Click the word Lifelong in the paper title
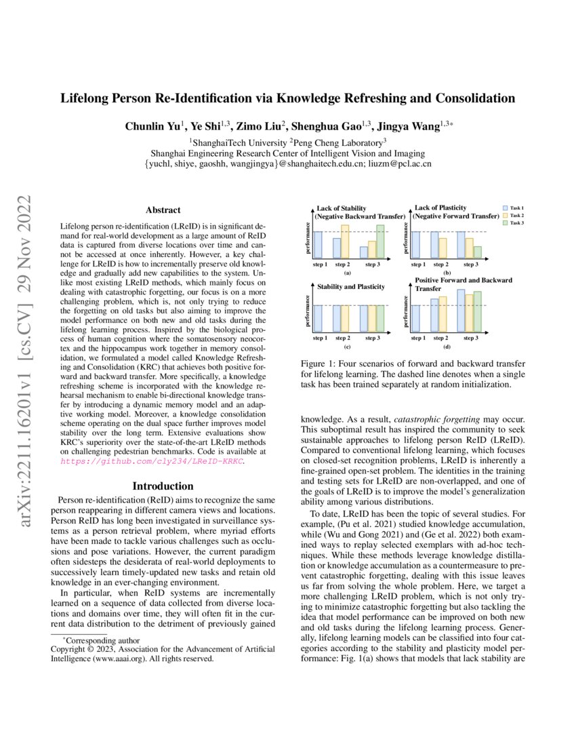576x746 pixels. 85,99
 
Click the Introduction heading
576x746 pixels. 163,486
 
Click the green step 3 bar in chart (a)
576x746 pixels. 380,241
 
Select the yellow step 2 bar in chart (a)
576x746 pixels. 345,241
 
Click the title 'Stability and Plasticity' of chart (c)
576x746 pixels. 350,287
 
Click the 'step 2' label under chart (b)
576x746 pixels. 440,264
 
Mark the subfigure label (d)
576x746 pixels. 447,347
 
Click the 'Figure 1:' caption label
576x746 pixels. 319,364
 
